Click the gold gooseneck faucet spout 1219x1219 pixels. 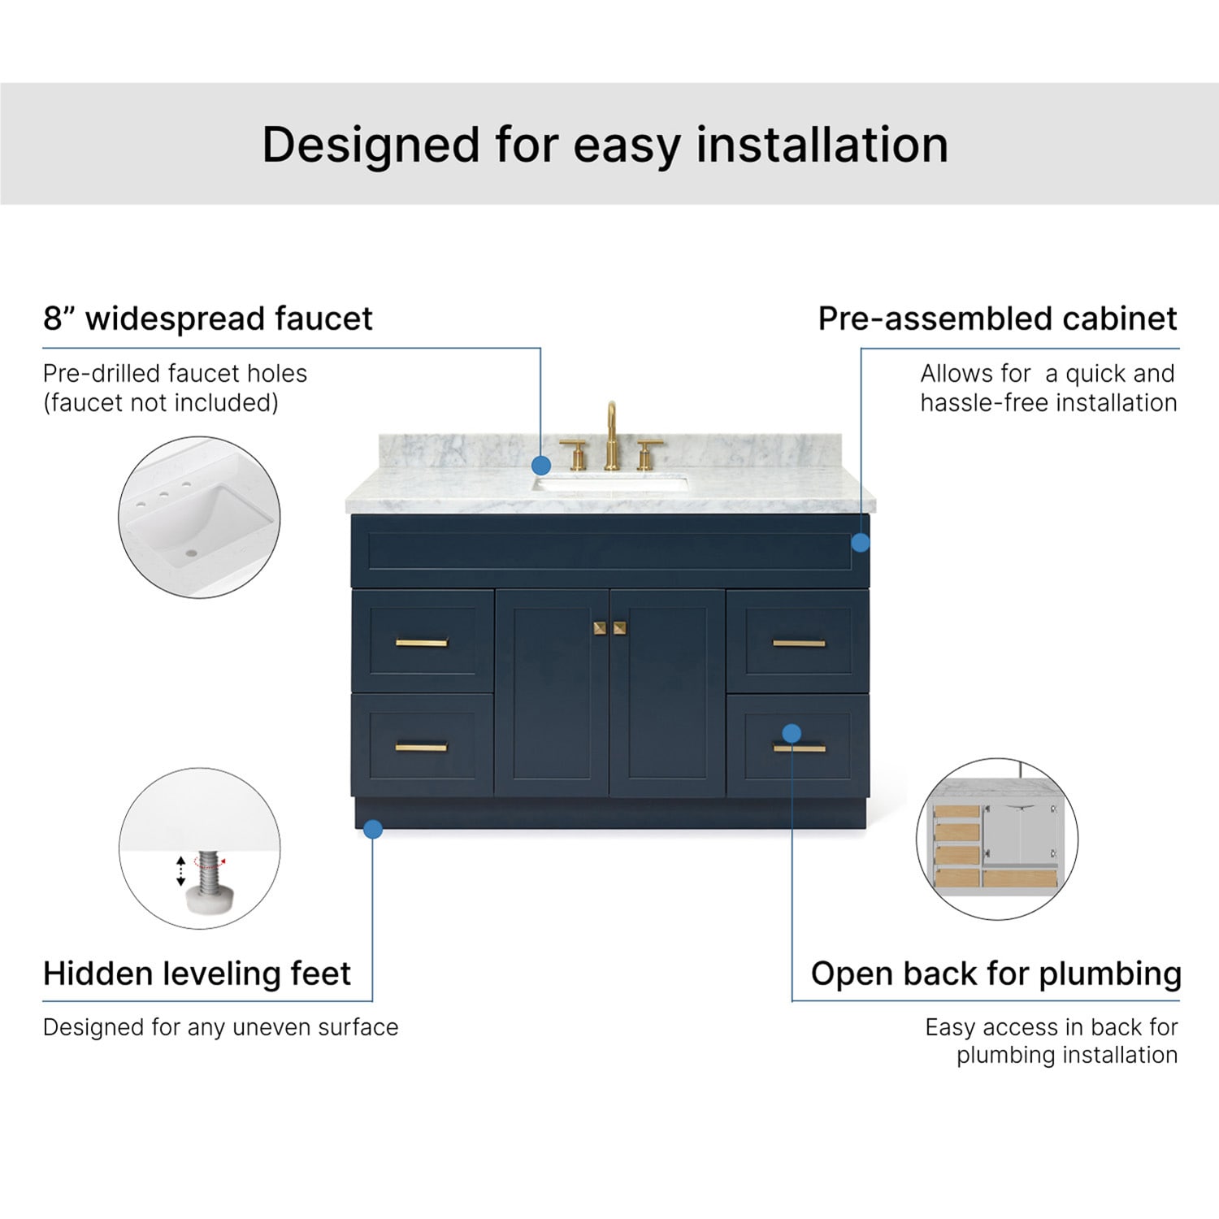(x=611, y=431)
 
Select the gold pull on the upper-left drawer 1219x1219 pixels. (x=422, y=643)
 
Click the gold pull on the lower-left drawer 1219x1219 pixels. (x=422, y=748)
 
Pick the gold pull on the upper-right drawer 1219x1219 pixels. (x=799, y=643)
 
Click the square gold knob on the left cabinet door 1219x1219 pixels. (x=600, y=627)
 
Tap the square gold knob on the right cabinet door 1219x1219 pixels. (x=619, y=627)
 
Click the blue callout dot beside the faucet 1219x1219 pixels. (x=541, y=466)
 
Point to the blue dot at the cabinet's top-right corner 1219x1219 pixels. (x=861, y=542)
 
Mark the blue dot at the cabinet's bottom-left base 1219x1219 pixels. (x=373, y=829)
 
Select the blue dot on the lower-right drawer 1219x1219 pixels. (x=792, y=733)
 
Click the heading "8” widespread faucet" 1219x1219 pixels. (x=208, y=319)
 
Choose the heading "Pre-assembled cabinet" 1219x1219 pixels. (x=998, y=319)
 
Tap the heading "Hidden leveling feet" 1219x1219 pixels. (x=197, y=974)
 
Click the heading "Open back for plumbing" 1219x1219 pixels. (x=996, y=974)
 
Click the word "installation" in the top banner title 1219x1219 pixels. (x=822, y=145)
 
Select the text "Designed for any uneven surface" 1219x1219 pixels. (x=221, y=1027)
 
